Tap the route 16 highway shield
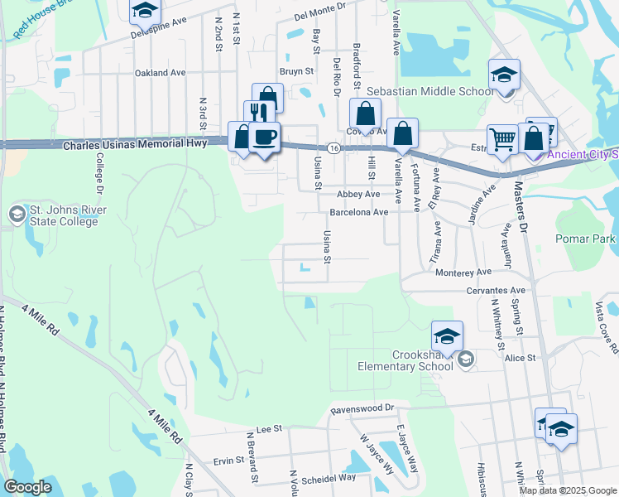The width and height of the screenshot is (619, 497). pyautogui.click(x=333, y=147)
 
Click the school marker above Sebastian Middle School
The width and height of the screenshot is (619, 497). pyautogui.click(x=503, y=75)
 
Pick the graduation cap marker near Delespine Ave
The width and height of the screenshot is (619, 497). pyautogui.click(x=146, y=10)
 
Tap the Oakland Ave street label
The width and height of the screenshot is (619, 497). pyautogui.click(x=161, y=73)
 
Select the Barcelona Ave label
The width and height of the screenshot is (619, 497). pyautogui.click(x=358, y=212)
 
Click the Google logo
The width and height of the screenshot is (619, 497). pyautogui.click(x=28, y=487)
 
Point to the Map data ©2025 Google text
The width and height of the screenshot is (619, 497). pyautogui.click(x=568, y=490)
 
